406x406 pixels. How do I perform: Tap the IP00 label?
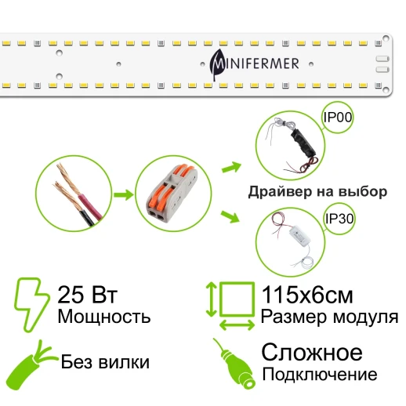(338, 119)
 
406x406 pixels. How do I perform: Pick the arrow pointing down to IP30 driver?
(230, 216)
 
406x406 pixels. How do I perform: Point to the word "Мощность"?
(103, 317)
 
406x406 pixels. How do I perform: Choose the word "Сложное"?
(311, 351)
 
